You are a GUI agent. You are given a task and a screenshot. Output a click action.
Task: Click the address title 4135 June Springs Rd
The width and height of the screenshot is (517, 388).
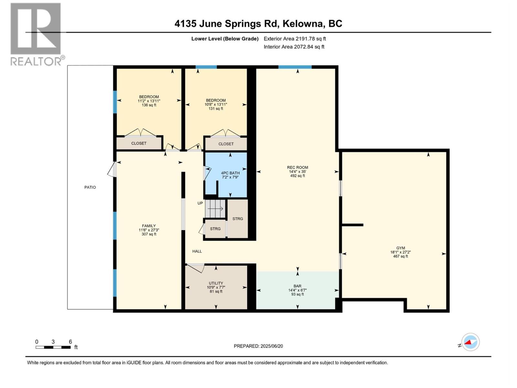(x=258, y=24)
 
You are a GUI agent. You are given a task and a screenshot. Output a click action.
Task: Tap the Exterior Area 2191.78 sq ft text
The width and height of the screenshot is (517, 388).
(x=295, y=38)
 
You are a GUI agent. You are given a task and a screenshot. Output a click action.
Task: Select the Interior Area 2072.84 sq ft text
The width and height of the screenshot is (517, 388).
(x=294, y=47)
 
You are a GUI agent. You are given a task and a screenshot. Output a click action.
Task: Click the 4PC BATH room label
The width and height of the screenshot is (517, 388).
(x=230, y=175)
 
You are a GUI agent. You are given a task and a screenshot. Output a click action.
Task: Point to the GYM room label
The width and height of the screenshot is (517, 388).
(x=400, y=252)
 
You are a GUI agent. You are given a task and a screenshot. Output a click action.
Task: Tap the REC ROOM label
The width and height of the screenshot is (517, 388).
(x=297, y=171)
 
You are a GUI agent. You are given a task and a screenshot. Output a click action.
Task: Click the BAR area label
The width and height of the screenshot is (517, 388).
(x=297, y=290)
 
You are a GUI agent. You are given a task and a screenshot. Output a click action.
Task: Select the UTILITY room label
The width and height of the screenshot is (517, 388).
(x=216, y=287)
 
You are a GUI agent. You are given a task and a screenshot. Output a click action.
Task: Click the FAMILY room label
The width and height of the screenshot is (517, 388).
(x=149, y=230)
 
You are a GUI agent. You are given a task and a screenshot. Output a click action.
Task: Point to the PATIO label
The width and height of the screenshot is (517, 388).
(x=90, y=187)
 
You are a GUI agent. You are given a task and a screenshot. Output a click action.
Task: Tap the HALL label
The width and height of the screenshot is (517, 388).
(x=197, y=251)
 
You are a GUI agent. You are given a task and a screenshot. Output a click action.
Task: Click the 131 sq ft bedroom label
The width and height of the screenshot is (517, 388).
(x=216, y=104)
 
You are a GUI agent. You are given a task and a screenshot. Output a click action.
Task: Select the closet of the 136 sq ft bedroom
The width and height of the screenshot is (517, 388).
(x=139, y=143)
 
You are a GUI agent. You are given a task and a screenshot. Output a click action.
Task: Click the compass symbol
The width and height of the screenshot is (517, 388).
(x=470, y=342)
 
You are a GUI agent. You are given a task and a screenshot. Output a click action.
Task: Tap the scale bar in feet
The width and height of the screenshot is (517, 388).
(x=53, y=347)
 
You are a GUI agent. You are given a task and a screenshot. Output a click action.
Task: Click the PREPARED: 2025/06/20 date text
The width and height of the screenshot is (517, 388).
(x=258, y=346)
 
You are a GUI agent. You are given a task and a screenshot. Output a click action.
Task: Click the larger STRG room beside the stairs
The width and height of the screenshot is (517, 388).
(x=237, y=219)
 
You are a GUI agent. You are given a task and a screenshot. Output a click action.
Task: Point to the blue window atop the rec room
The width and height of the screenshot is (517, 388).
(x=295, y=67)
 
